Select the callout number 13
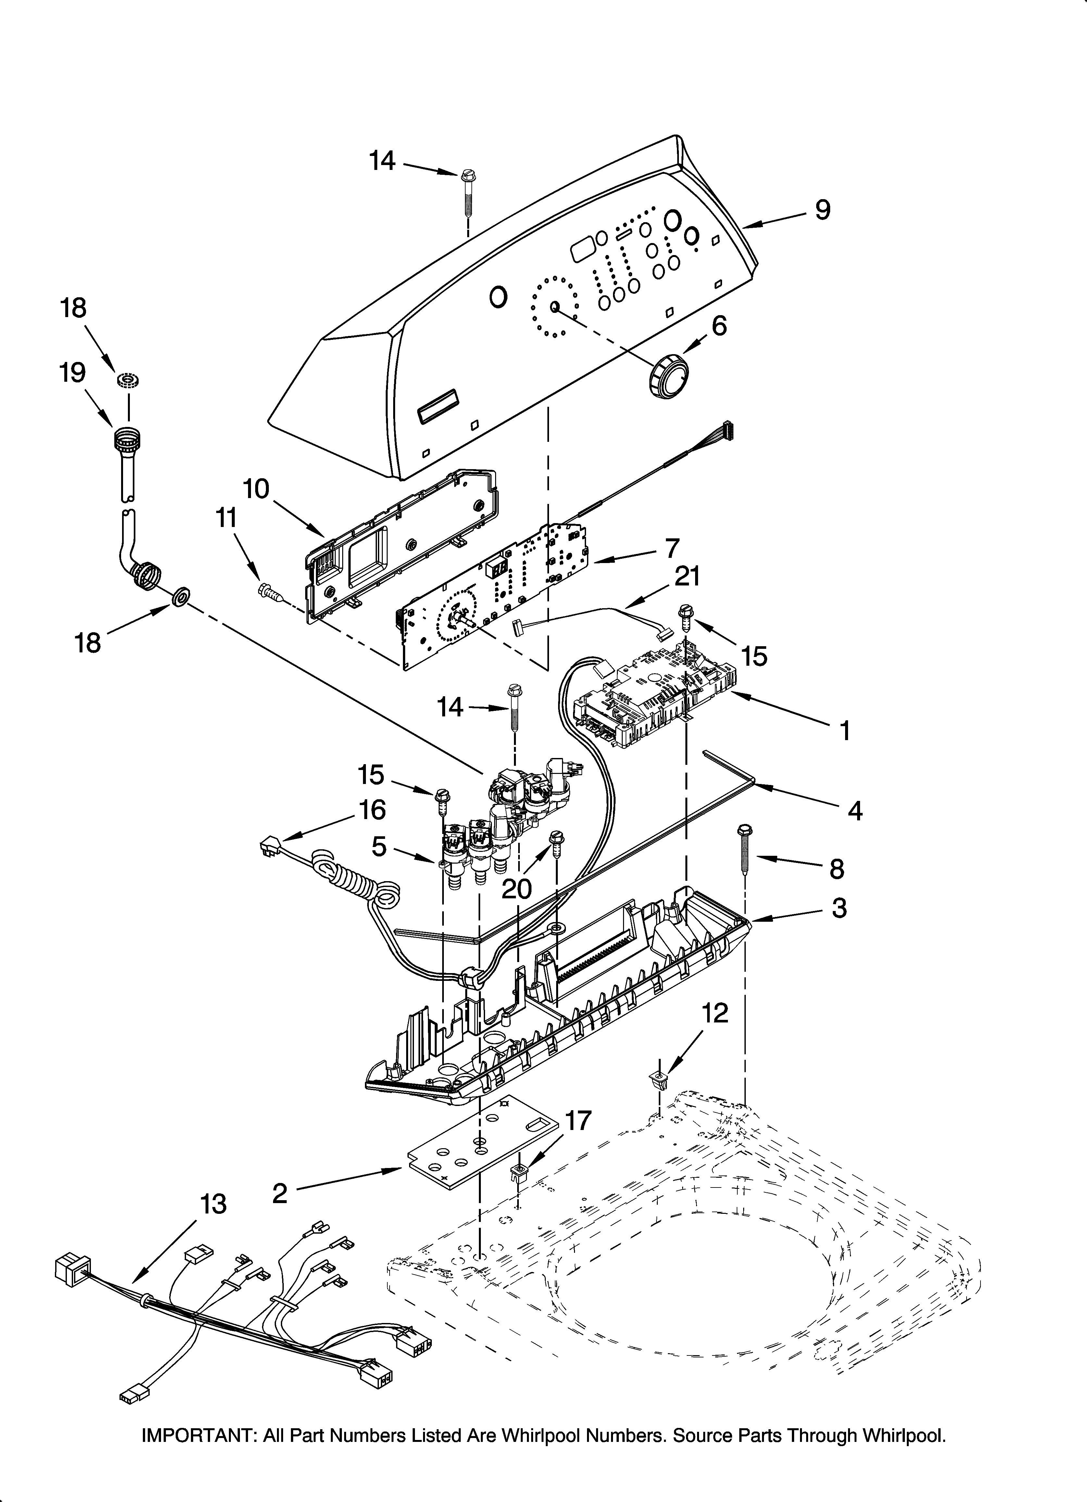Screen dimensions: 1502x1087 click(213, 1204)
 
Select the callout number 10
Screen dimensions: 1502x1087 click(256, 489)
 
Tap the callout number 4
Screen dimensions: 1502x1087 click(855, 811)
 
